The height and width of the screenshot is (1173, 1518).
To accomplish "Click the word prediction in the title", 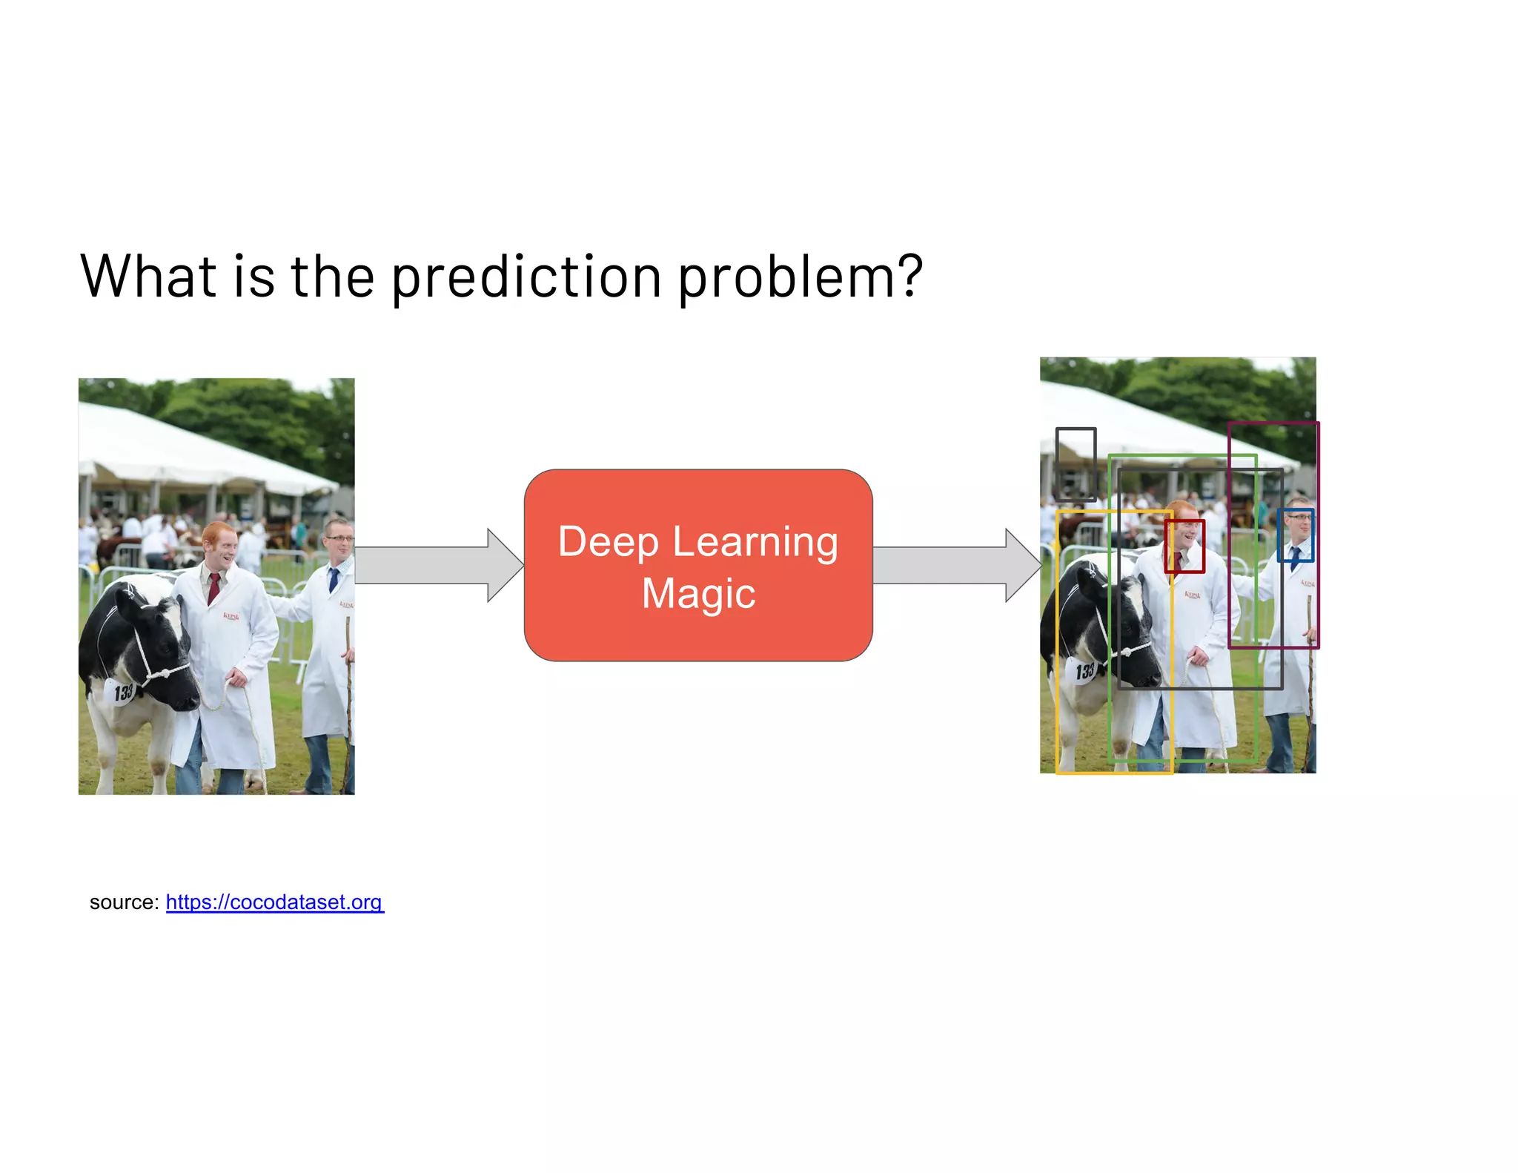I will [x=526, y=277].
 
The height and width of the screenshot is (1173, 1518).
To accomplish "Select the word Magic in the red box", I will [x=698, y=593].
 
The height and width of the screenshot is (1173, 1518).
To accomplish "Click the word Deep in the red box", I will [x=608, y=542].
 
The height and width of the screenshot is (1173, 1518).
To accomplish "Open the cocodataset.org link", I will [x=274, y=902].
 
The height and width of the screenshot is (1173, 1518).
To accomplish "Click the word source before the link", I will [x=123, y=902].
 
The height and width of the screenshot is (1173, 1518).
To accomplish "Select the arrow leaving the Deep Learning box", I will [x=956, y=565].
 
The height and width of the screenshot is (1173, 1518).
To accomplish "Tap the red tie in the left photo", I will [x=214, y=587].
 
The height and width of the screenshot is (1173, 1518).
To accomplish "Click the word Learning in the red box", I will [x=755, y=542].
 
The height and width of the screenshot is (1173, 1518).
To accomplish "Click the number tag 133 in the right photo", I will [x=1084, y=672].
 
